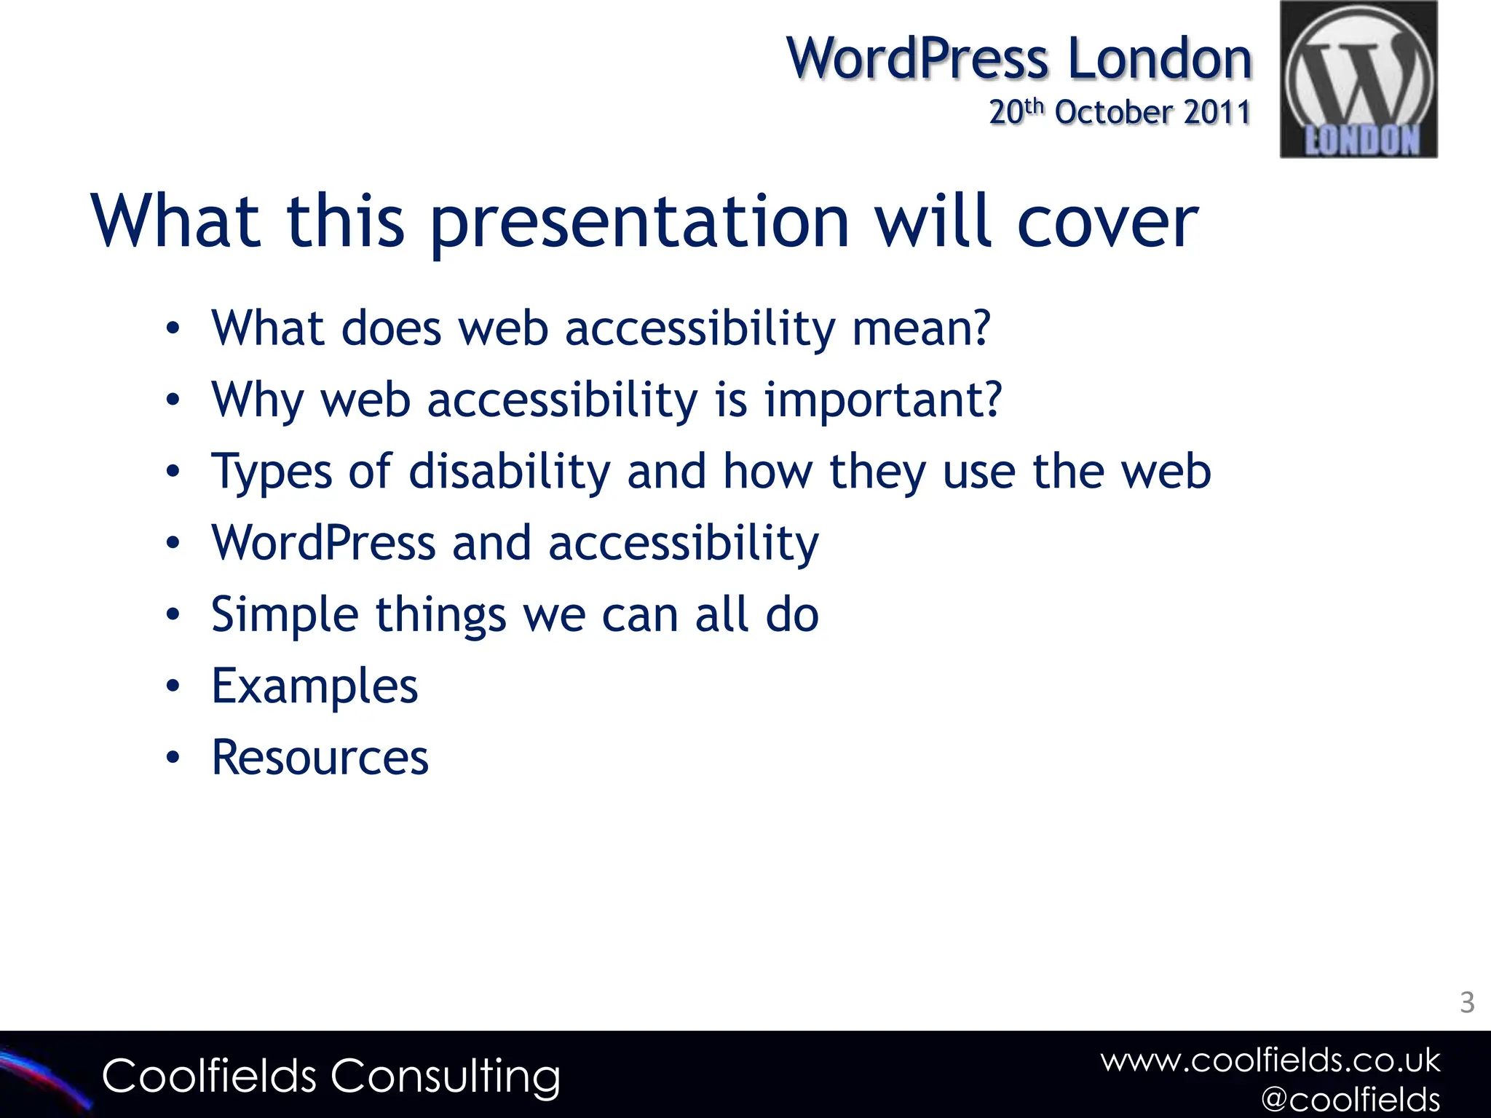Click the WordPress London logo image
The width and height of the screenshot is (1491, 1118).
1358,79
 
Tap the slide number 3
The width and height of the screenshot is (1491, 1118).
1467,1003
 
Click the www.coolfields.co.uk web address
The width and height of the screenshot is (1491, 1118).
1270,1060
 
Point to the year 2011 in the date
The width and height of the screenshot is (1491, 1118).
1217,112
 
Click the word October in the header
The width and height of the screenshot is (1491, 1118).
1114,112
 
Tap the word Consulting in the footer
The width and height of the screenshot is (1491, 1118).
446,1077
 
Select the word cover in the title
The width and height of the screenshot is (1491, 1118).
1107,222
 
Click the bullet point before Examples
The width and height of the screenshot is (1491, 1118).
173,686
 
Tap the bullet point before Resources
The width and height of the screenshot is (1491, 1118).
173,758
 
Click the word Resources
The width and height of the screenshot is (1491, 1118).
320,758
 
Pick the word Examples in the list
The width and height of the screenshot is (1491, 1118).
315,686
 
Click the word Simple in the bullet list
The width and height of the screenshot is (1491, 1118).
285,615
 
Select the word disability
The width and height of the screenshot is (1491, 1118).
510,472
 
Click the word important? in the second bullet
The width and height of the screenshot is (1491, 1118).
882,400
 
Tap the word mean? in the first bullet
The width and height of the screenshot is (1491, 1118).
921,329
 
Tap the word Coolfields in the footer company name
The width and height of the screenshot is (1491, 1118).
209,1077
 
